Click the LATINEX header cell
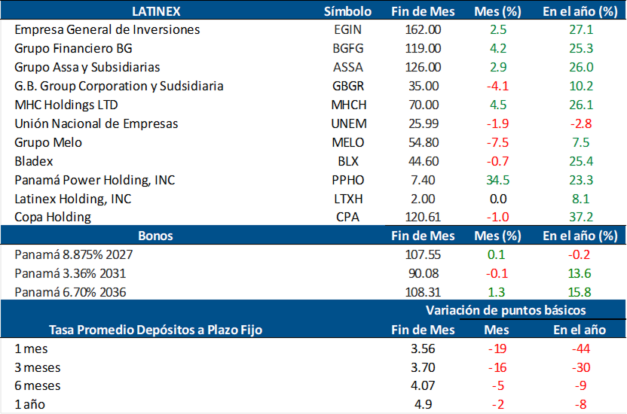[x=156, y=11]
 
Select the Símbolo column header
[x=347, y=11]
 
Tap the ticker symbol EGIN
[x=347, y=30]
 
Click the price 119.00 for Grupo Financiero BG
[x=423, y=49]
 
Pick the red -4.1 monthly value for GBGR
[x=497, y=87]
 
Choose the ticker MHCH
[x=347, y=105]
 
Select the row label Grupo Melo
[x=48, y=142]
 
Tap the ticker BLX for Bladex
[x=347, y=161]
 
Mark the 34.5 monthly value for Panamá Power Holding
[x=497, y=180]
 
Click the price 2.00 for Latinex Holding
[x=423, y=199]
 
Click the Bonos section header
[x=156, y=236]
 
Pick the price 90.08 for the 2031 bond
[x=423, y=273]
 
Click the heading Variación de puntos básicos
[x=506, y=310]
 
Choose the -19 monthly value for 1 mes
[x=497, y=349]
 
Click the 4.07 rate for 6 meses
[x=423, y=386]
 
